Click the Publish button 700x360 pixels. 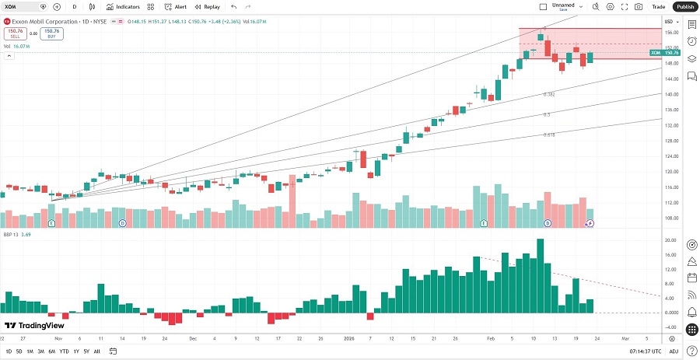click(x=684, y=6)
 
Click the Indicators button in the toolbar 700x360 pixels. click(x=123, y=6)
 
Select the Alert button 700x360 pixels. click(x=176, y=6)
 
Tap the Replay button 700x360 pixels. click(x=208, y=6)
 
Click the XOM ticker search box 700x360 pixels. click(x=21, y=6)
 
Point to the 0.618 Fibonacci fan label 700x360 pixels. click(x=548, y=135)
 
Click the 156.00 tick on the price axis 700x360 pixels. click(x=670, y=33)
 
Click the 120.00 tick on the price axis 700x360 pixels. click(x=670, y=171)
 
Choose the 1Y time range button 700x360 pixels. click(x=75, y=351)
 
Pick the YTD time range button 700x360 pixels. click(x=64, y=351)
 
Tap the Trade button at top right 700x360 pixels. click(x=659, y=6)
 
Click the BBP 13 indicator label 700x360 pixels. click(x=12, y=232)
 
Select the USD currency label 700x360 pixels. click(x=669, y=20)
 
